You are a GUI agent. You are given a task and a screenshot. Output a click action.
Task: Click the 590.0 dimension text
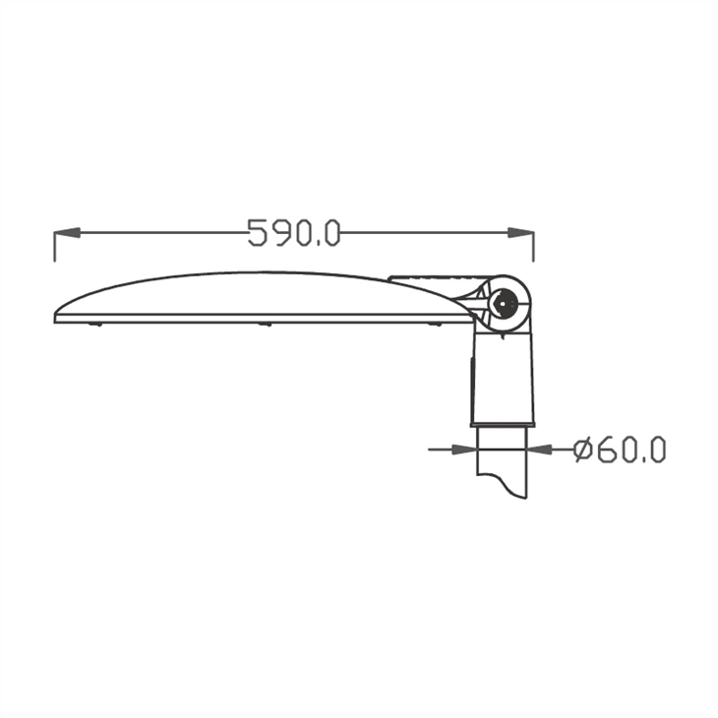click(293, 233)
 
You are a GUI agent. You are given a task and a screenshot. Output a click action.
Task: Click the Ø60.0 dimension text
click(620, 449)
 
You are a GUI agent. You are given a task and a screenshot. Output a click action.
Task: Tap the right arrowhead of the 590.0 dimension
click(521, 233)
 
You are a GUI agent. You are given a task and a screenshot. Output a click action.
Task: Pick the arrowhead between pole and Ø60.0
click(539, 449)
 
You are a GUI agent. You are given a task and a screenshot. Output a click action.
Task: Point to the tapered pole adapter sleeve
click(503, 379)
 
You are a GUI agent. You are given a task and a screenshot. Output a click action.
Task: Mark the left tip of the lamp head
click(57, 316)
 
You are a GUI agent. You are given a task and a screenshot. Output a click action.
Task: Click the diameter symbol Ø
click(582, 449)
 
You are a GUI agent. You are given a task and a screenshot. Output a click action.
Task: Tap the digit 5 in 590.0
click(258, 233)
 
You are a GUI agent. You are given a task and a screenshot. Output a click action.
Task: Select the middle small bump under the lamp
click(264, 325)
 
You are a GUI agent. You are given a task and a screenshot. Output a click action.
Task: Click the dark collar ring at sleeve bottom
click(503, 423)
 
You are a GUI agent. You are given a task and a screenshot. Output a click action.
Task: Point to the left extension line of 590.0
click(54, 246)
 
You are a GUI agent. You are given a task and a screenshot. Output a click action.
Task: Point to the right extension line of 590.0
click(533, 246)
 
